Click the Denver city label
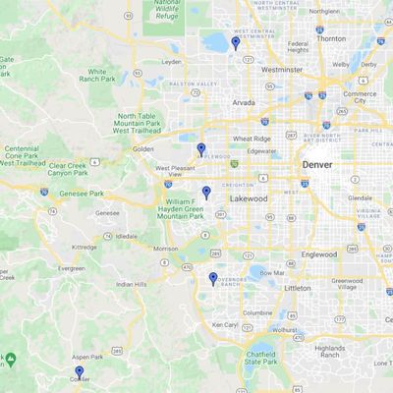pos(317,164)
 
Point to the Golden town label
pos(143,148)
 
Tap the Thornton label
pos(332,38)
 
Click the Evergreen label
pos(70,267)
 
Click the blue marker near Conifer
pos(79,372)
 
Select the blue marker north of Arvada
pos(235,43)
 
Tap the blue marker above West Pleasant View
pos(200,150)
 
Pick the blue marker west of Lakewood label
pos(205,193)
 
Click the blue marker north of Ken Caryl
pos(212,279)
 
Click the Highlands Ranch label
pos(330,351)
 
